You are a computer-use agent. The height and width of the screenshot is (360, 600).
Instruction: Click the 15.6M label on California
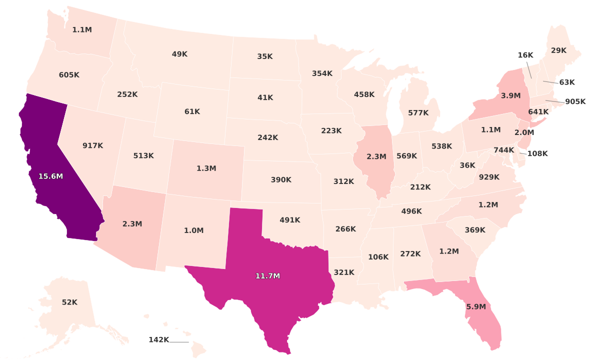click(x=51, y=176)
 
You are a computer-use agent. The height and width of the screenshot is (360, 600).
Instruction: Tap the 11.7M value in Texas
click(x=267, y=276)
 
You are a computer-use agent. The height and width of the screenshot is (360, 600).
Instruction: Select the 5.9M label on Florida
click(x=475, y=307)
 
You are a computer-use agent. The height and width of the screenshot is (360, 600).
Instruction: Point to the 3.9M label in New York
click(x=510, y=95)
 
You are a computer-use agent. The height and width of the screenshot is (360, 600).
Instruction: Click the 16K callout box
click(x=525, y=55)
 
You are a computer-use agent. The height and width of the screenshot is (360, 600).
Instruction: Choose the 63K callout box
click(x=566, y=82)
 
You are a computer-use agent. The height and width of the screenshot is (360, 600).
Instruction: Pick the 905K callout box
click(x=575, y=102)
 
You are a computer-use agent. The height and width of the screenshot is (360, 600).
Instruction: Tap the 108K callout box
click(x=537, y=153)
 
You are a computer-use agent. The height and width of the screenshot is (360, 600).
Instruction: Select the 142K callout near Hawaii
click(x=159, y=340)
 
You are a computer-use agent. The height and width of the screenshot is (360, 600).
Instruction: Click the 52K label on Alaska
click(x=69, y=302)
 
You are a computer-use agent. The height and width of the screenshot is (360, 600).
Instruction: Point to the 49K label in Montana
click(x=179, y=54)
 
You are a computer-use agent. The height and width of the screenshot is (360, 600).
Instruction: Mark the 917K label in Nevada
click(x=92, y=145)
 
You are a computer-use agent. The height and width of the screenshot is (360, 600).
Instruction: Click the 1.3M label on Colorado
click(x=206, y=168)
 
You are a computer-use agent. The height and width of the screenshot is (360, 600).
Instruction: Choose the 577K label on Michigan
click(x=418, y=113)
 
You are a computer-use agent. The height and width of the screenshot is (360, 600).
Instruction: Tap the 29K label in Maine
click(x=558, y=50)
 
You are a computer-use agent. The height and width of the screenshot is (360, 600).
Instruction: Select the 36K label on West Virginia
click(x=467, y=165)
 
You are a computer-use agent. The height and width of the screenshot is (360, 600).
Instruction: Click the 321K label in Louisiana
click(x=344, y=272)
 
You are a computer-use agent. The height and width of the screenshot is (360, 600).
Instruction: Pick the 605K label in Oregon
click(x=69, y=75)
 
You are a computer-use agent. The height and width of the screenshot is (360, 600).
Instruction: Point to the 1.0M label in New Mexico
click(x=193, y=230)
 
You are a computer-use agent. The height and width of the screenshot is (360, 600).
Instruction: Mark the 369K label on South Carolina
click(x=475, y=230)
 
